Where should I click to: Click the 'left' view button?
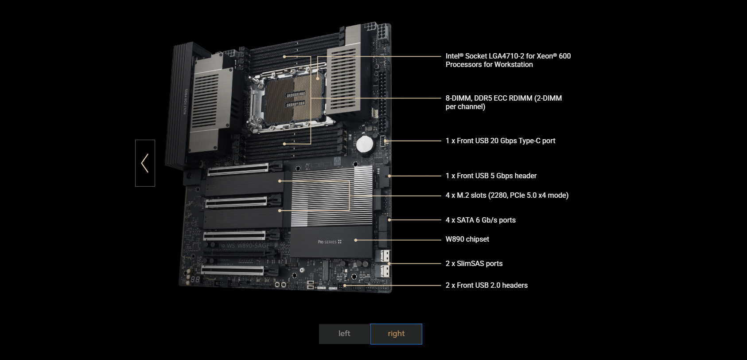pyautogui.click(x=345, y=334)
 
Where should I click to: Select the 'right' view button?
pyautogui.click(x=396, y=334)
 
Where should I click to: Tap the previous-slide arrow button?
pyautogui.click(x=145, y=163)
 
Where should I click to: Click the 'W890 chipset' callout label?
pyautogui.click(x=467, y=239)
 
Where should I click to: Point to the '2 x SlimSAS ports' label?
pyautogui.click(x=474, y=264)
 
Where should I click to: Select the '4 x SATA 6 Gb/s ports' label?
pyautogui.click(x=481, y=220)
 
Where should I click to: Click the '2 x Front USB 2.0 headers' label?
pyautogui.click(x=486, y=285)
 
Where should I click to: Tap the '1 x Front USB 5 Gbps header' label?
pyautogui.click(x=491, y=176)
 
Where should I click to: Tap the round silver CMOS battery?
pyautogui.click(x=365, y=145)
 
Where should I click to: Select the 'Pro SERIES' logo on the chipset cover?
pyautogui.click(x=330, y=242)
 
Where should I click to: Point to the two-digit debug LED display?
pyautogui.click(x=196, y=279)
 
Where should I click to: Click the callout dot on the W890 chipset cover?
pyautogui.click(x=356, y=240)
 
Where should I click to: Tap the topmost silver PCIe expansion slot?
pyautogui.click(x=238, y=169)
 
